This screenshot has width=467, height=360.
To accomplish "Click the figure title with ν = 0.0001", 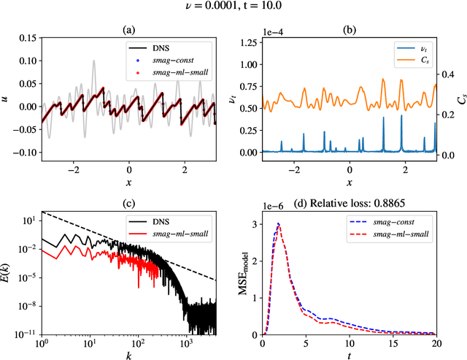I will (233, 8).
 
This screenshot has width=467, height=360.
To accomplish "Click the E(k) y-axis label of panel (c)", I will (8, 275).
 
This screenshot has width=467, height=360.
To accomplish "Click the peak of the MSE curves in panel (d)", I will (278, 224).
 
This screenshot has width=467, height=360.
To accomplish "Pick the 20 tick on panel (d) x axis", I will (436, 341).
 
